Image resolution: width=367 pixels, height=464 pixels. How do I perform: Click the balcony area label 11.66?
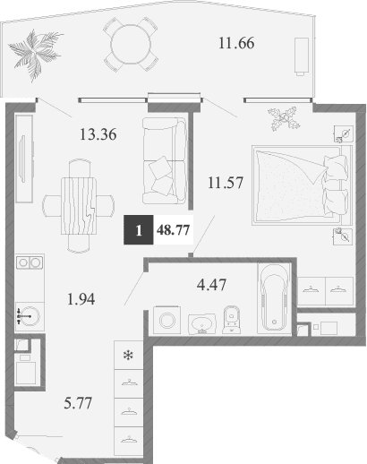coord(239,41)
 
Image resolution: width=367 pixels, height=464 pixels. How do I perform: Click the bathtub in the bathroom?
coord(271,298)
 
